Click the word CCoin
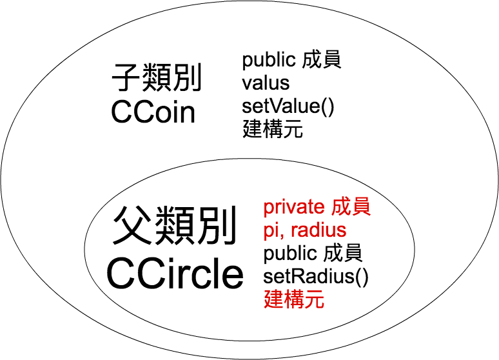(153, 112)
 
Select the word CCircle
(175, 274)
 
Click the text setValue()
(288, 105)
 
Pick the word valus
(266, 83)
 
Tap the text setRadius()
(316, 277)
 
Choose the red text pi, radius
(304, 230)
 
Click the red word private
(293, 207)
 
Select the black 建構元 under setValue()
(273, 128)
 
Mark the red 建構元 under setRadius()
(293, 300)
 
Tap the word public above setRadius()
(290, 254)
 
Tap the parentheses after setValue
(327, 105)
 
